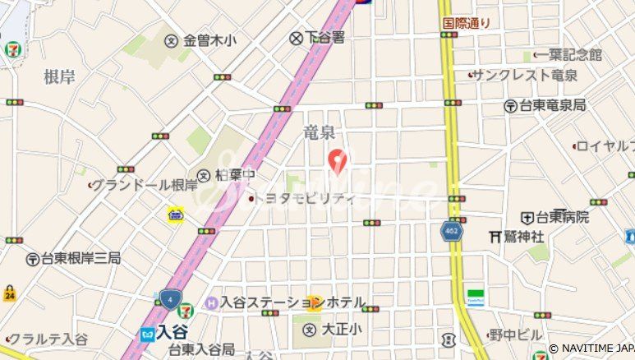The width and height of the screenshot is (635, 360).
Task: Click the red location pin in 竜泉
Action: [337, 159]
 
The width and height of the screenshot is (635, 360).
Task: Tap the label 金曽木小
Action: [209, 39]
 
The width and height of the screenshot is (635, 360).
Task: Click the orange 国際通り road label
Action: [466, 24]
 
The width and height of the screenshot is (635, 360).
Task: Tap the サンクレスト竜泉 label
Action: [524, 76]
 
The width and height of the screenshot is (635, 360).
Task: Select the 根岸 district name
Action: [59, 77]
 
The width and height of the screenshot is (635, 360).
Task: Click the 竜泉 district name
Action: [320, 133]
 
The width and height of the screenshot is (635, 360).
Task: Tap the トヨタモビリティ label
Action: [303, 198]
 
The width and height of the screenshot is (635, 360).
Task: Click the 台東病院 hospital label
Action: [562, 217]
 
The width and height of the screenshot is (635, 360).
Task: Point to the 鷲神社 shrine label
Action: [522, 236]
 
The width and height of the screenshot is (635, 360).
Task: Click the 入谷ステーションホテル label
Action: [291, 303]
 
